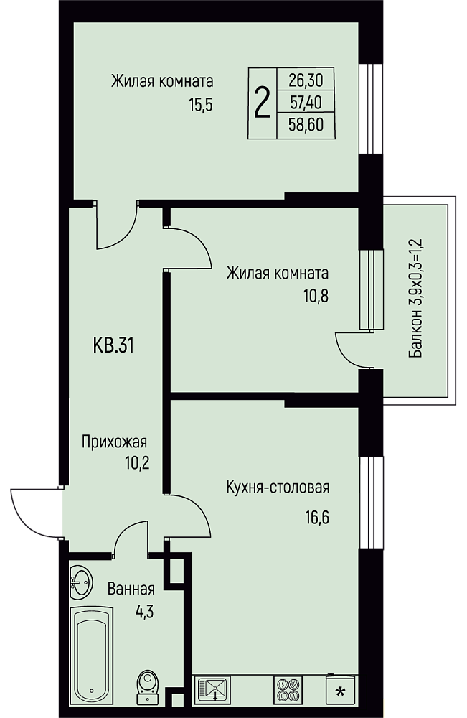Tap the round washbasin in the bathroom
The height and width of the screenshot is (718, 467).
tap(81, 581)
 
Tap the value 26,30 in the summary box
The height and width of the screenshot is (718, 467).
tap(306, 80)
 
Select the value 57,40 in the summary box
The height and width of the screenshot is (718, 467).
tap(306, 103)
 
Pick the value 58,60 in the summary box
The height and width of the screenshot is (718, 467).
tap(306, 124)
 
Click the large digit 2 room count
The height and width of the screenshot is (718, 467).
tap(262, 103)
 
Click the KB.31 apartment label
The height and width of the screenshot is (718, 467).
tap(113, 345)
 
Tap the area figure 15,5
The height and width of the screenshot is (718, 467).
tap(201, 106)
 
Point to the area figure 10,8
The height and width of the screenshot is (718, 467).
tap(316, 297)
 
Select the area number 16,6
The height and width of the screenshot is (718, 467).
tap(317, 518)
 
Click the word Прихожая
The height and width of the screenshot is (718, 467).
tap(114, 442)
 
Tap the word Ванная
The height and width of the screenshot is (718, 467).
tap(131, 589)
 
